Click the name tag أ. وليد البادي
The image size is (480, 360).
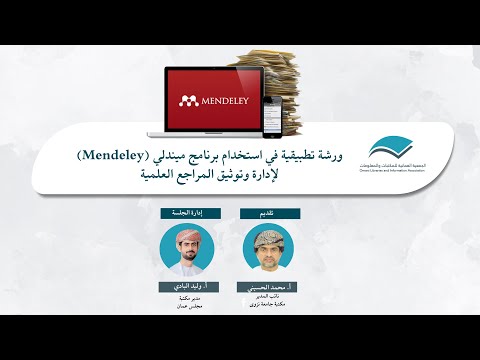pyautogui.click(x=182, y=288)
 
